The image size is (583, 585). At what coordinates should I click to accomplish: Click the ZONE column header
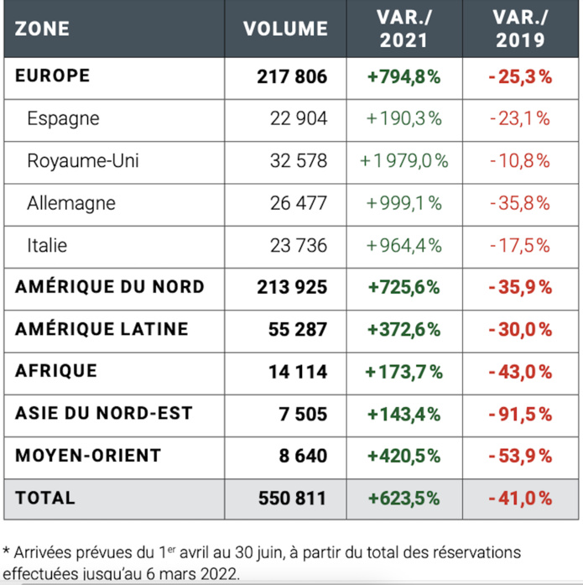pyautogui.click(x=42, y=29)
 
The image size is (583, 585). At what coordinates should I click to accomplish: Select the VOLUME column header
pyautogui.click(x=285, y=29)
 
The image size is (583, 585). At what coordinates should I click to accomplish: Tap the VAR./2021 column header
pyautogui.click(x=403, y=29)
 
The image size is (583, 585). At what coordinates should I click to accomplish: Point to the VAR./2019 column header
pyautogui.click(x=520, y=29)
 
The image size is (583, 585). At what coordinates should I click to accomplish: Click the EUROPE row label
pyautogui.click(x=52, y=76)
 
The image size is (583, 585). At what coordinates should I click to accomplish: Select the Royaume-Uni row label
pyautogui.click(x=71, y=160)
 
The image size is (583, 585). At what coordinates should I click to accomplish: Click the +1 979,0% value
pyautogui.click(x=403, y=160)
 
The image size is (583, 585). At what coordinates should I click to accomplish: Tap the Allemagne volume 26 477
pyautogui.click(x=298, y=203)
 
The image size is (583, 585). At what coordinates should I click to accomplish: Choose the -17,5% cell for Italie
pyautogui.click(x=520, y=245)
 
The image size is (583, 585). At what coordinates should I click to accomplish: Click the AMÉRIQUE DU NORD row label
pyautogui.click(x=109, y=287)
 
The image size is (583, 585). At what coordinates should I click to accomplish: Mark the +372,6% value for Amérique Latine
pyautogui.click(x=403, y=329)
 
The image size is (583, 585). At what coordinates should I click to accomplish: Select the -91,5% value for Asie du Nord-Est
pyautogui.click(x=520, y=414)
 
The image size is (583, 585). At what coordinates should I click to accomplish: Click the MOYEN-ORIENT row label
pyautogui.click(x=88, y=456)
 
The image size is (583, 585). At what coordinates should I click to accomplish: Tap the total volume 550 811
pyautogui.click(x=291, y=499)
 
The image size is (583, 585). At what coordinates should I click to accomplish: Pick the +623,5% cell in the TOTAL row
pyautogui.click(x=403, y=499)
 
